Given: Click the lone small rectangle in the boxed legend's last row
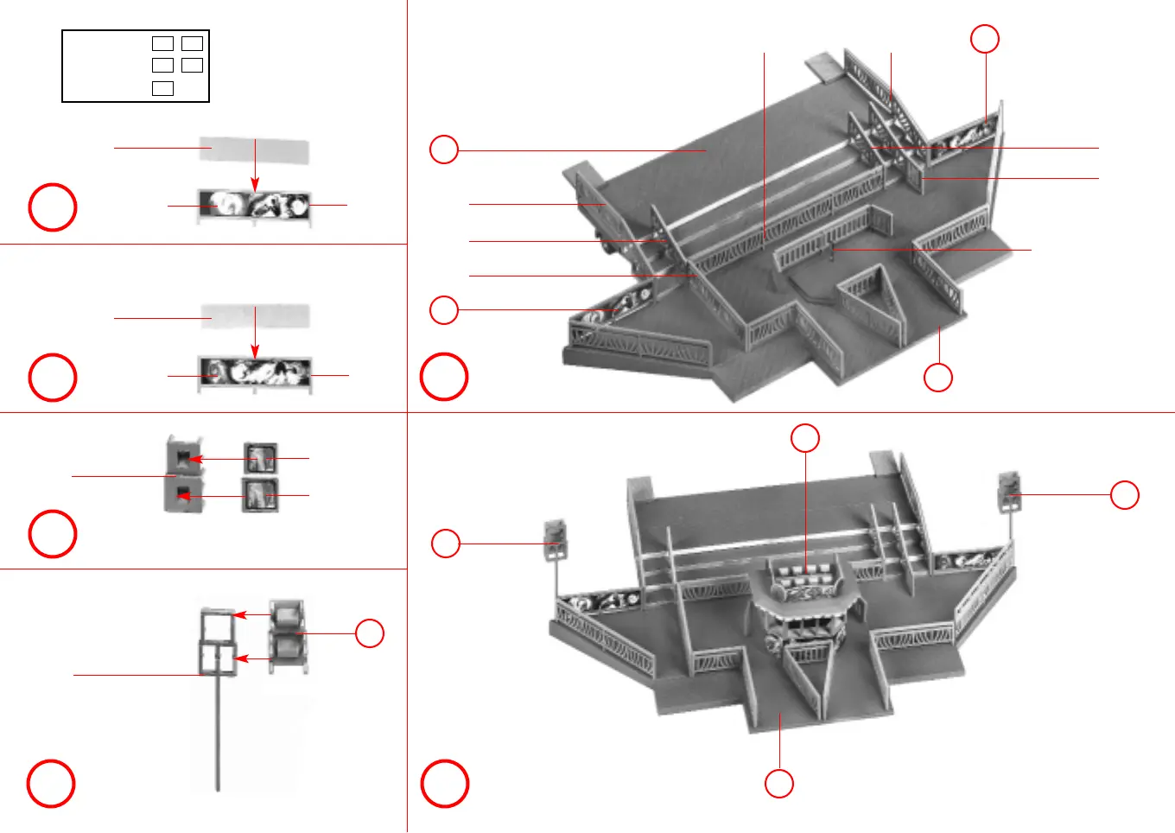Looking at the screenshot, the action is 162,88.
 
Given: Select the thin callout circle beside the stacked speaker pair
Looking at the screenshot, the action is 370,633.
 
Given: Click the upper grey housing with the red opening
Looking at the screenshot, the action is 184,455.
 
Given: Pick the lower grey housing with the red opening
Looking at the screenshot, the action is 184,495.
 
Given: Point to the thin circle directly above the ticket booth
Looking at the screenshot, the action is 805,438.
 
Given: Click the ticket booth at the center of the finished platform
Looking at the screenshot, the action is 804,605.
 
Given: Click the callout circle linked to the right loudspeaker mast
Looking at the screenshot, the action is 1124,495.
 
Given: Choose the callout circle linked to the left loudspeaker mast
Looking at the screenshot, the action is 445,544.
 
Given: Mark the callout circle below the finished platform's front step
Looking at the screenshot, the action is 779,784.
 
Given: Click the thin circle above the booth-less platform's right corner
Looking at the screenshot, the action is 985,39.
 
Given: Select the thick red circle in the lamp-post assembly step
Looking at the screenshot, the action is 51,784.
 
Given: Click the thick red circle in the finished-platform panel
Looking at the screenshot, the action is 444,784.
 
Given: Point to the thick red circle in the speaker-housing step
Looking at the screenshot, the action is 53,534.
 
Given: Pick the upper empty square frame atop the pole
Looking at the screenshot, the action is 217,624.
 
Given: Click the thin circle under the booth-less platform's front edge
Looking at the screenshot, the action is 938,378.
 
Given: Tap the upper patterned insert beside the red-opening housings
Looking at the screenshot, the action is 260,457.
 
